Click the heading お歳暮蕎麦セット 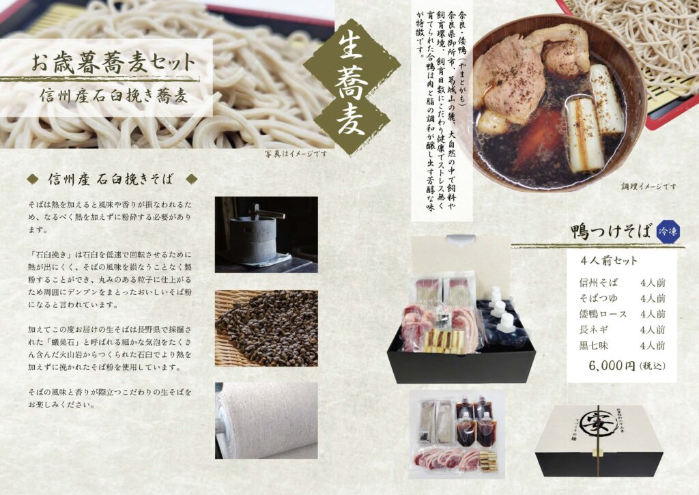113,63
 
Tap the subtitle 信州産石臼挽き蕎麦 114,96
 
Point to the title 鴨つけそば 611,232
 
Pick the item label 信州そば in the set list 598,282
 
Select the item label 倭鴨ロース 603,314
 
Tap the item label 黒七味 593,345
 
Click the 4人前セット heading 609,261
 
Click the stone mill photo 266,235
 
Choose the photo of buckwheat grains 266,328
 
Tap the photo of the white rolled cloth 266,421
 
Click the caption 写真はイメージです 296,154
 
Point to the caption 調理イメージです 648,186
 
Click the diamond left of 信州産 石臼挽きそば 33,180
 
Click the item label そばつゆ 598,298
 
